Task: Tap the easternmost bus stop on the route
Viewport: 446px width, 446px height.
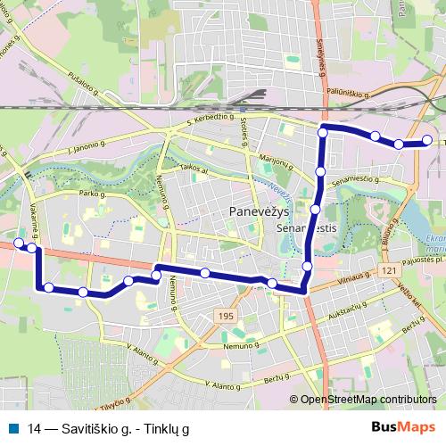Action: click(x=427, y=141)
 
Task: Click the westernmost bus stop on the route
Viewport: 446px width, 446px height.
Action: click(x=19, y=243)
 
